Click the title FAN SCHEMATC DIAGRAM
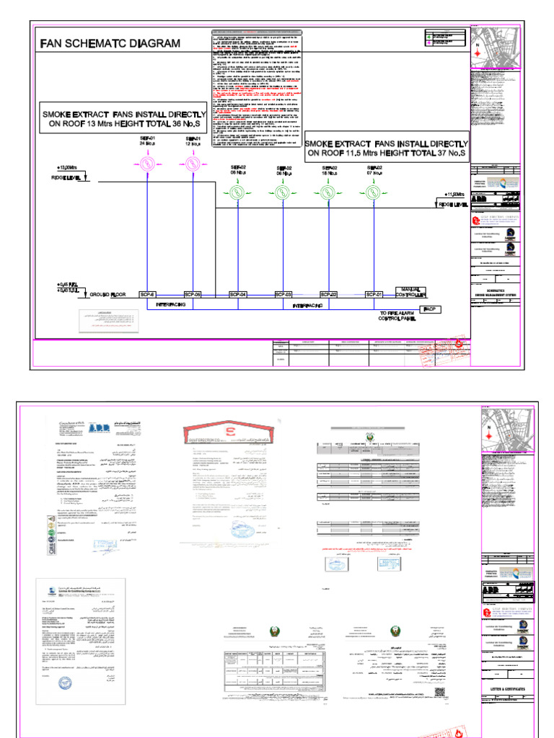pyautogui.click(x=110, y=43)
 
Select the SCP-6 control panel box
pyautogui.click(x=146, y=294)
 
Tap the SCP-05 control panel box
pyautogui.click(x=192, y=294)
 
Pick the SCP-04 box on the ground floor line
pyautogui.click(x=237, y=294)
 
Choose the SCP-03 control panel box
pyautogui.click(x=283, y=294)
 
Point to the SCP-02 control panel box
pyautogui.click(x=329, y=294)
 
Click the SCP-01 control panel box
pyautogui.click(x=374, y=294)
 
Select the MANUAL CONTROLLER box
pyautogui.click(x=411, y=293)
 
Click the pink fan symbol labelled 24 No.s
pyautogui.click(x=148, y=164)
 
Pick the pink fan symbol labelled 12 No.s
pyautogui.click(x=192, y=164)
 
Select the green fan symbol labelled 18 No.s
pyautogui.click(x=329, y=192)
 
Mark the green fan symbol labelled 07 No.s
pyautogui.click(x=373, y=192)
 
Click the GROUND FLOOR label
pyautogui.click(x=107, y=295)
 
